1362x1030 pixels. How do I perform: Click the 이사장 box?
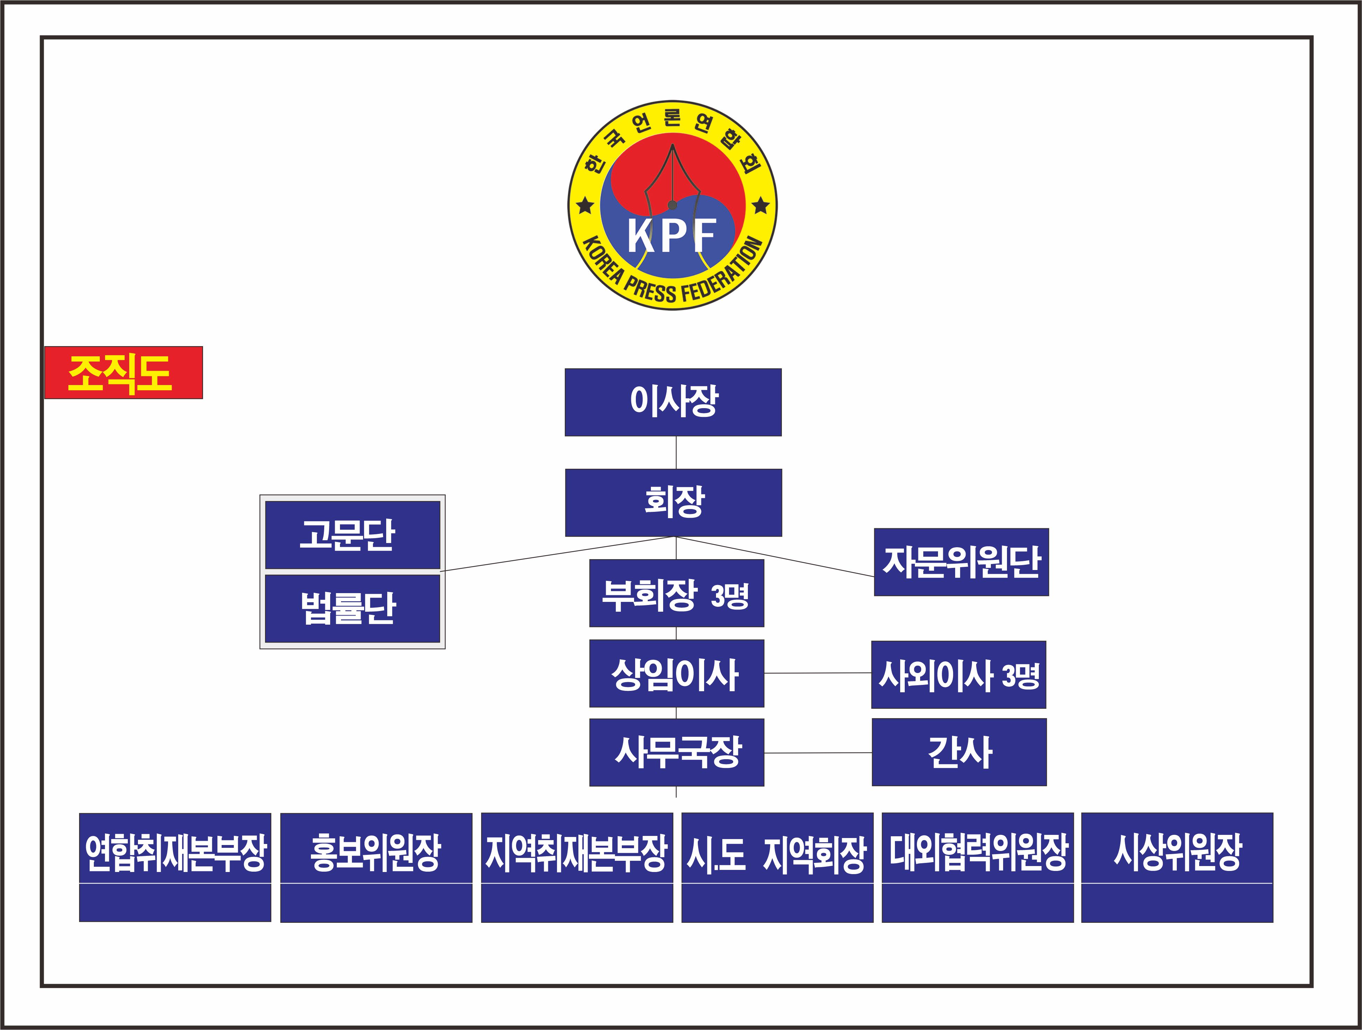pos(673,402)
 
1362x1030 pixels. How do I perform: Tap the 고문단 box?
pos(352,535)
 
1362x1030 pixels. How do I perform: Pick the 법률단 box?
pos(352,609)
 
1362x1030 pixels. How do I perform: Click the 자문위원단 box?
pos(961,562)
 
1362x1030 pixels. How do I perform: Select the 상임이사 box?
pos(676,673)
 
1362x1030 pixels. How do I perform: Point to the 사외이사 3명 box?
pos(958,674)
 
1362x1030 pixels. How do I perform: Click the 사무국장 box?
pos(676,752)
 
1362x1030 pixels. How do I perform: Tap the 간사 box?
pos(959,752)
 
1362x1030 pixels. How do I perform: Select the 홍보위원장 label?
pos(376,853)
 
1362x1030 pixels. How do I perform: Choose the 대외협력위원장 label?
pos(978,853)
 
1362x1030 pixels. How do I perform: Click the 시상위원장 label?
pos(1177,853)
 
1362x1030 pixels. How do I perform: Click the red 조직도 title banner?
pos(123,373)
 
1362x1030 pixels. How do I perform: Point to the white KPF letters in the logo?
pos(672,235)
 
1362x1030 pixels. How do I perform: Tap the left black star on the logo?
pos(585,205)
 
